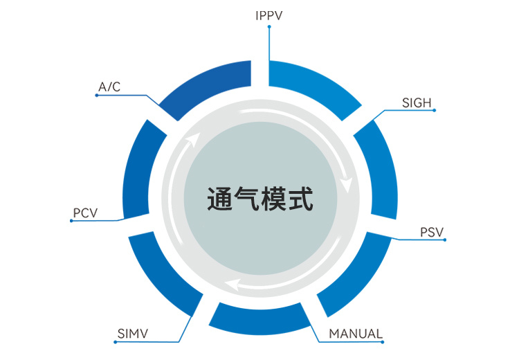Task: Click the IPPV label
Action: [269, 15]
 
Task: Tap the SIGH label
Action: [417, 103]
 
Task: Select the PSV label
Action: [432, 231]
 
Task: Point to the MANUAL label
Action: [356, 334]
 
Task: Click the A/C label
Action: [110, 87]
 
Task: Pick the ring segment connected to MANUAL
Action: [260, 319]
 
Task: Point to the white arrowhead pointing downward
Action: [347, 186]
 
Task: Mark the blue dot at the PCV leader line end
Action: [71, 221]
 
